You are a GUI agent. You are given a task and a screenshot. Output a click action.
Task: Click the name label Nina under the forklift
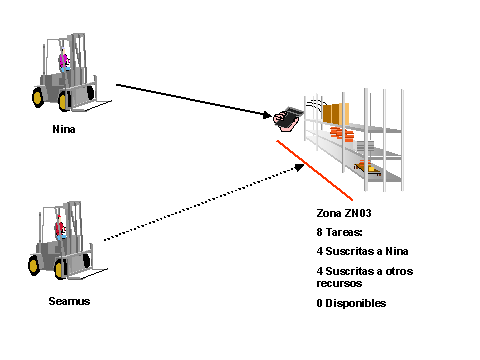click(x=64, y=129)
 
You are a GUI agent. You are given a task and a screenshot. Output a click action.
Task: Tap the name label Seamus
click(x=69, y=301)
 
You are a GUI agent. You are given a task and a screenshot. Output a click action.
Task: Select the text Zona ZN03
click(x=344, y=213)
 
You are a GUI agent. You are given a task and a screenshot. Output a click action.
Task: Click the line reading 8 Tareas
click(x=339, y=232)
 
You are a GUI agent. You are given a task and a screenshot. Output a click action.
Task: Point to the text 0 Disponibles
click(x=351, y=303)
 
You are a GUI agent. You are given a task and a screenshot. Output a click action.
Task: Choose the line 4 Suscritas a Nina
click(x=362, y=251)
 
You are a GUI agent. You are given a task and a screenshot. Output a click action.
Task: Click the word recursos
click(x=339, y=284)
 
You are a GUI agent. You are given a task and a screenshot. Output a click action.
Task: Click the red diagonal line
click(x=314, y=170)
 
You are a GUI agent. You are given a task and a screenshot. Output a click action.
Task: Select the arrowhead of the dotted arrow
click(x=299, y=167)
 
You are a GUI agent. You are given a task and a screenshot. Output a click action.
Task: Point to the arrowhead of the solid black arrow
click(x=267, y=115)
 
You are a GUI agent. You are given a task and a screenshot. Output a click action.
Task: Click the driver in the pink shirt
click(x=64, y=61)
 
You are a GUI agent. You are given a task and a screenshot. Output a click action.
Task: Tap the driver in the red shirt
click(x=60, y=228)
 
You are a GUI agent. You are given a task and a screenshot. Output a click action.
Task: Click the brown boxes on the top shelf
click(x=336, y=114)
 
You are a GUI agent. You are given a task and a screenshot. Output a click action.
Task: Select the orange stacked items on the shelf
click(x=342, y=134)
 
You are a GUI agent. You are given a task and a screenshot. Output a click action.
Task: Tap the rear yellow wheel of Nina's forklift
click(x=38, y=97)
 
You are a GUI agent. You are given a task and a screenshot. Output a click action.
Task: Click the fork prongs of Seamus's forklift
click(x=88, y=273)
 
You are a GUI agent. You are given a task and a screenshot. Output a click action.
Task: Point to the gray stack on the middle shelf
click(x=365, y=147)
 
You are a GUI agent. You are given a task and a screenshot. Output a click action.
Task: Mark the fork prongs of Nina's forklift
click(x=92, y=105)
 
